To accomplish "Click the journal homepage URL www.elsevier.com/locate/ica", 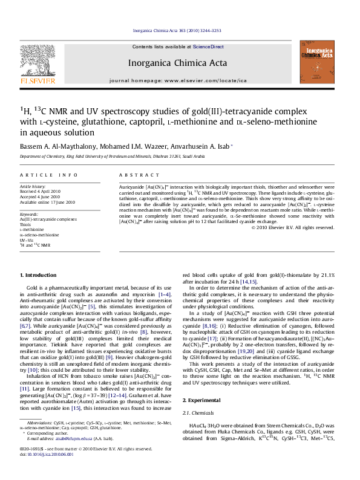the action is (207, 80).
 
